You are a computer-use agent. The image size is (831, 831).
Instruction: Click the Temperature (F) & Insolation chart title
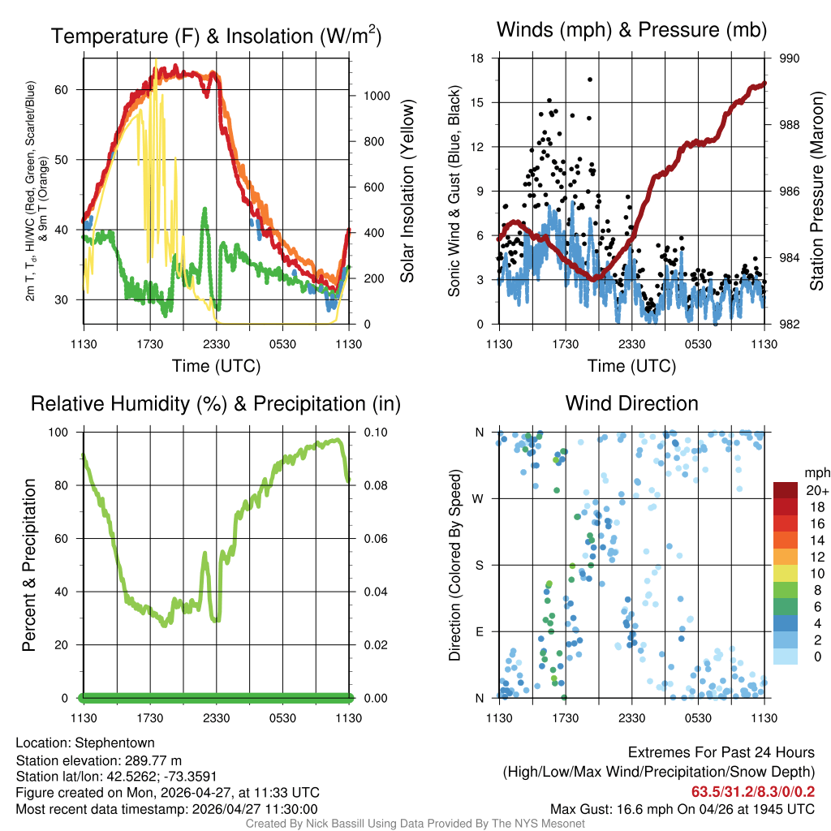click(216, 36)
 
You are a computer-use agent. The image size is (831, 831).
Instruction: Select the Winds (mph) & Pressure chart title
click(632, 30)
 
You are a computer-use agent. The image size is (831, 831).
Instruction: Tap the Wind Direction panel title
click(631, 403)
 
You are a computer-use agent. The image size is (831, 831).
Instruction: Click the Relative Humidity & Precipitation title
click(216, 403)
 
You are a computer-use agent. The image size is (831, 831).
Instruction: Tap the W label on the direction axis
click(479, 498)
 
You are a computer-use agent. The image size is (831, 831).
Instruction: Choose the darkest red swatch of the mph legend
click(786, 489)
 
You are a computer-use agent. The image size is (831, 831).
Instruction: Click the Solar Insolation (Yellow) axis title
click(407, 192)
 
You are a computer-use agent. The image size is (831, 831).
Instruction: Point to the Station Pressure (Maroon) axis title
click(817, 192)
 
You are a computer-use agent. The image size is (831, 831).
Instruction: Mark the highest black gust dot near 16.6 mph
click(590, 80)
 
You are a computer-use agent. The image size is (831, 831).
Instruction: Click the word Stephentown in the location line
click(114, 743)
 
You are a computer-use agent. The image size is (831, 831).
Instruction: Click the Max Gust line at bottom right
click(682, 809)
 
